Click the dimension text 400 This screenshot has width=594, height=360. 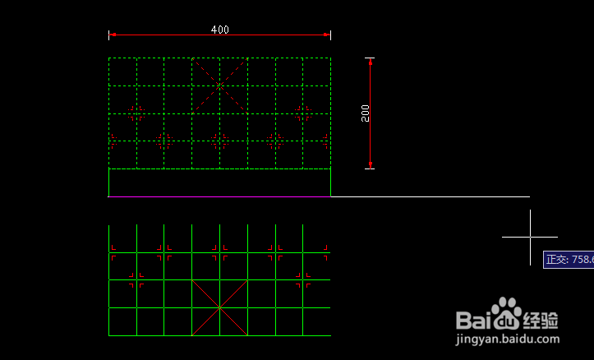[219, 30]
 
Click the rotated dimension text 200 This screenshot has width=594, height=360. [366, 113]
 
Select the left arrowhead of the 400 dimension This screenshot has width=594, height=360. [113, 35]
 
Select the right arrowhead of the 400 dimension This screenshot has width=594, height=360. [326, 35]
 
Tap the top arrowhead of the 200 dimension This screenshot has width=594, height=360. [371, 62]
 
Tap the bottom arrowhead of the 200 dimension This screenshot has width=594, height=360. [371, 164]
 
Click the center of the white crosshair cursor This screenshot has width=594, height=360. [530, 237]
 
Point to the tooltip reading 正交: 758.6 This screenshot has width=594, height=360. [569, 260]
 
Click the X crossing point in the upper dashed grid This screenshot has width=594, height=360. [219, 85]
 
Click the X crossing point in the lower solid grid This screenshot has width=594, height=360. [219, 307]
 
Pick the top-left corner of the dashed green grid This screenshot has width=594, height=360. [109, 58]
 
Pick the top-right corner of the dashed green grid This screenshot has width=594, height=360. [330, 58]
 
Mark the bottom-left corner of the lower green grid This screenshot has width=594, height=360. [109, 335]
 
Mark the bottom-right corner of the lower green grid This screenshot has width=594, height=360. [330, 335]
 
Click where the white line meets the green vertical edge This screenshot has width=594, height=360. [330, 196]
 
